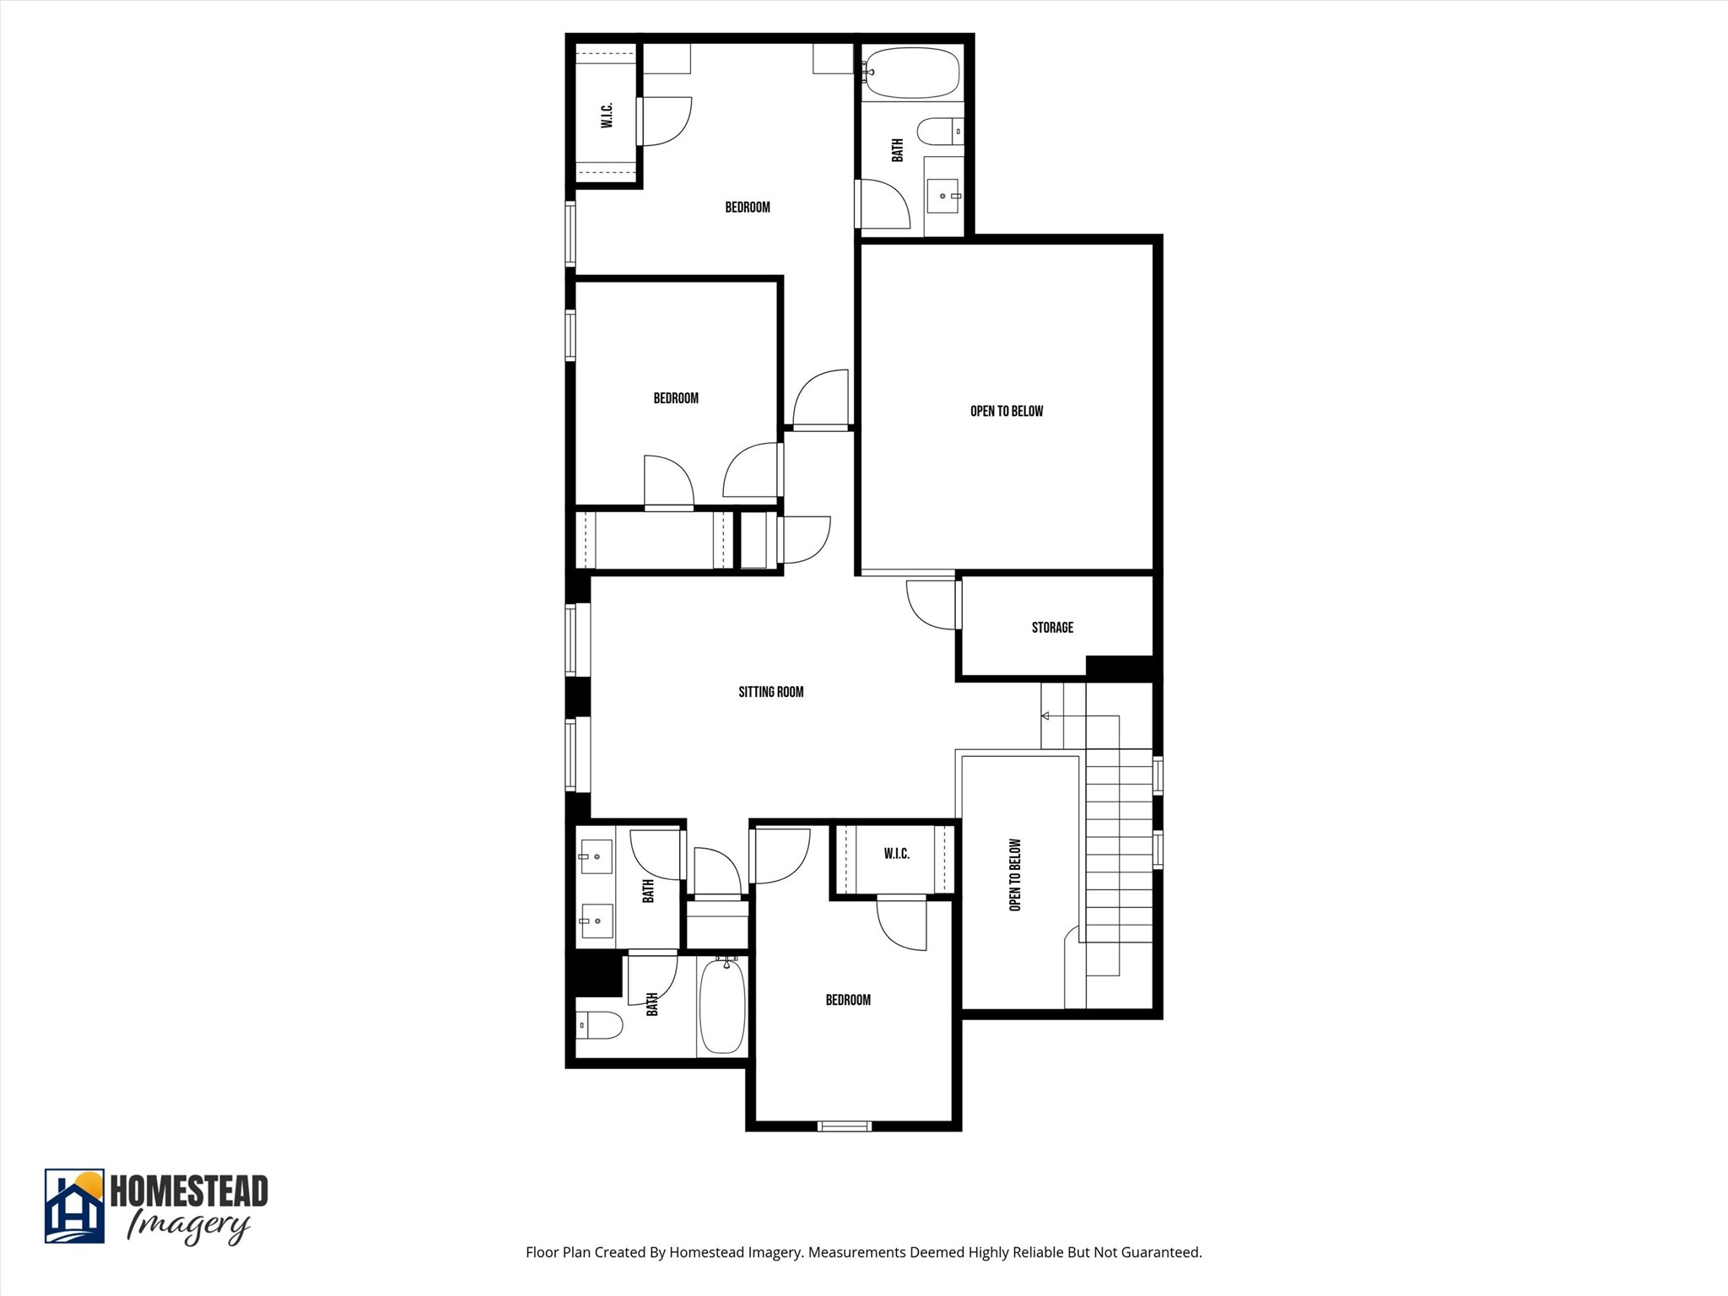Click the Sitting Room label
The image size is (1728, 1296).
click(x=770, y=692)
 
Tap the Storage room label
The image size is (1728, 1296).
click(x=1052, y=628)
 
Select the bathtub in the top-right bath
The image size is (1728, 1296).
click(x=912, y=73)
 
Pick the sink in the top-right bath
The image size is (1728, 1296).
click(x=943, y=196)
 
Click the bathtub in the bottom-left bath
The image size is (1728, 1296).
click(x=722, y=1006)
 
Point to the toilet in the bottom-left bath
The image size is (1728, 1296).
click(x=601, y=1025)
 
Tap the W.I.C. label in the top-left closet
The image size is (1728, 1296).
click(x=607, y=116)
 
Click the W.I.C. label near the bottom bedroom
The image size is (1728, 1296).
click(x=896, y=854)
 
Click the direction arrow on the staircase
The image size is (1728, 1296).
click(x=1045, y=716)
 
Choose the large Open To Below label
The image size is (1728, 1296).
click(x=1007, y=412)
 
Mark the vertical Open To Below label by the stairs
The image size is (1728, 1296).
click(x=1015, y=875)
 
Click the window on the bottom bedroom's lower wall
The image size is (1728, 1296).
click(x=845, y=1126)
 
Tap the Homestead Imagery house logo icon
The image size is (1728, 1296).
click(x=74, y=1206)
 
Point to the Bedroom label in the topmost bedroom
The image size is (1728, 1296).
click(x=748, y=208)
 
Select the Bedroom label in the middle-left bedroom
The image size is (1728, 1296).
click(x=676, y=398)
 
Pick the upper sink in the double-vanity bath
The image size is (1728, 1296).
click(x=596, y=857)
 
